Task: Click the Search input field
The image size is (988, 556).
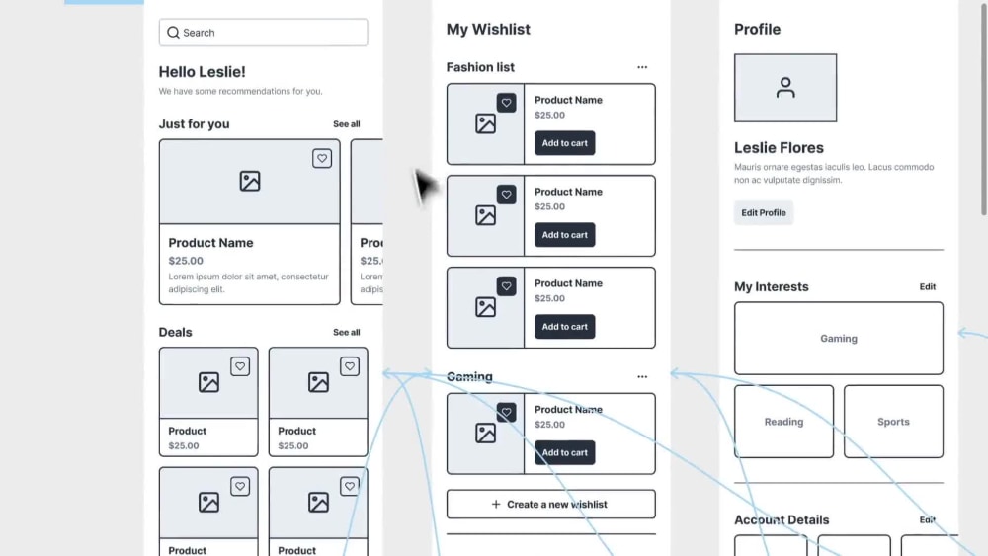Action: (264, 33)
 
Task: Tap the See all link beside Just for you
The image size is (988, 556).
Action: (347, 124)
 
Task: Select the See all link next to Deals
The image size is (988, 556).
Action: (347, 332)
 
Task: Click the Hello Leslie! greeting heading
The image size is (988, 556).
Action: (203, 72)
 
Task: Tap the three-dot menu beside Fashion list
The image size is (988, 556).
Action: (642, 67)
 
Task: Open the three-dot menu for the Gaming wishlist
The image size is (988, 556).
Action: (642, 376)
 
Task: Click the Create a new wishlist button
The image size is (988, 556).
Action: (550, 504)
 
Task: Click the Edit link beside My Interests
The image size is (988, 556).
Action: (928, 286)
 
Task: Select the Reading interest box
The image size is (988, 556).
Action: (783, 422)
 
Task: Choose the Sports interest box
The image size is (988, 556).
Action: (893, 422)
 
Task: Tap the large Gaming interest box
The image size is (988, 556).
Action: (839, 338)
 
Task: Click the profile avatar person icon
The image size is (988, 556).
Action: (785, 88)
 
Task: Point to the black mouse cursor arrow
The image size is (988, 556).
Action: (424, 187)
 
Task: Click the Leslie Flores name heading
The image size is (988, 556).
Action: (779, 147)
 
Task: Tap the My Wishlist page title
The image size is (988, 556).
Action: (488, 29)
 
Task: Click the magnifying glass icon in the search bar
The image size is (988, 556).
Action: (173, 33)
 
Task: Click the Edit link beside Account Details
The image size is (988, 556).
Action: (928, 519)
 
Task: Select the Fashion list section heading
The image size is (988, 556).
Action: (480, 67)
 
